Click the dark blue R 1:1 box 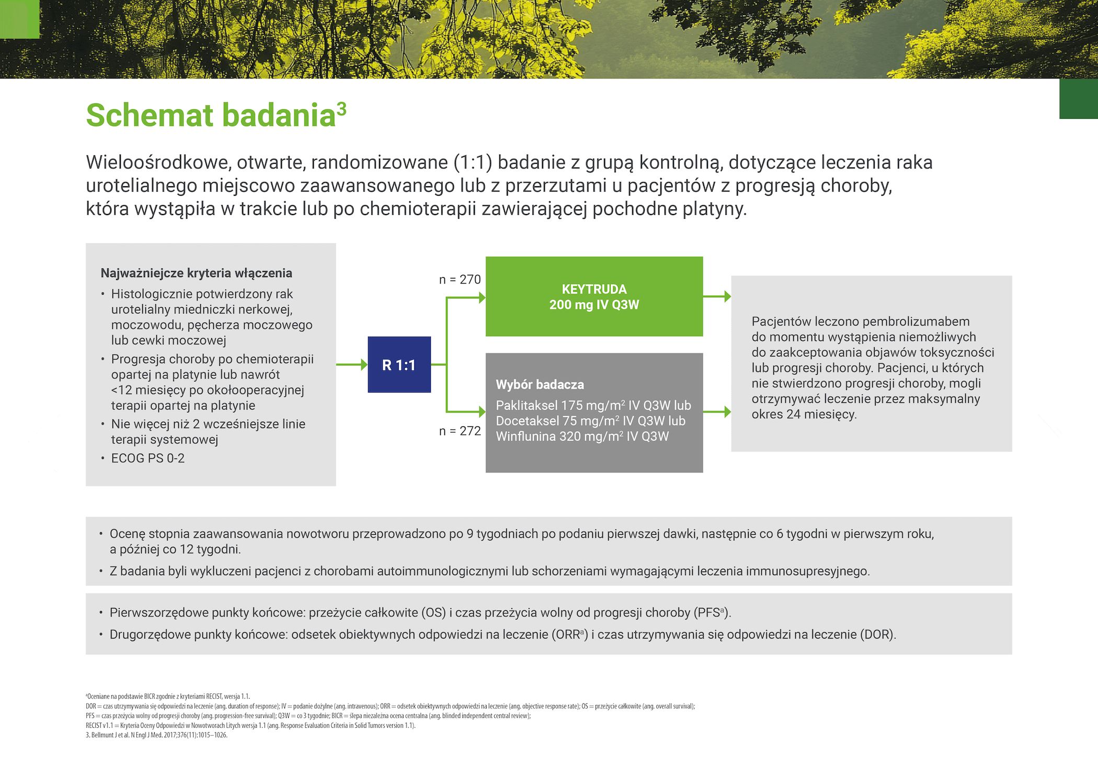[x=399, y=365]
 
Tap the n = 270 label [x=460, y=279]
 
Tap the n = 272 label [x=460, y=431]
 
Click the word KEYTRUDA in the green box [x=594, y=289]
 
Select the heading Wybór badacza [x=540, y=385]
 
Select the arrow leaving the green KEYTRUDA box [x=717, y=297]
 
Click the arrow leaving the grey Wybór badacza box [x=717, y=412]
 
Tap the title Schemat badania [x=210, y=115]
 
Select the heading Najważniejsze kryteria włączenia [x=196, y=273]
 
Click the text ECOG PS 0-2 [x=147, y=458]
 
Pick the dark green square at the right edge [x=1078, y=99]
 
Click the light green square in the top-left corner [x=19, y=19]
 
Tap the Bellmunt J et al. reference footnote [x=156, y=735]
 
